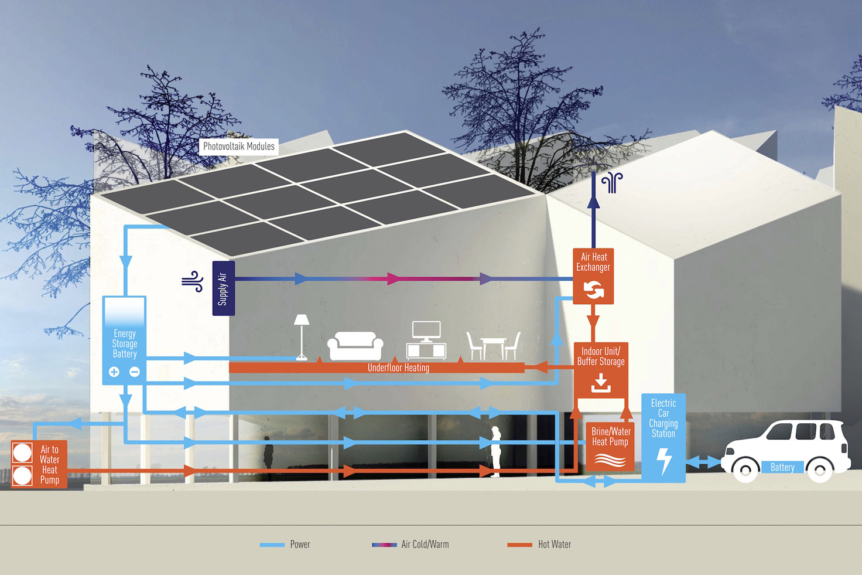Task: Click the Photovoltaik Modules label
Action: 238,147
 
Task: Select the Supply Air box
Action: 224,288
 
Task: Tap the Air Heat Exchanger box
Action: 593,276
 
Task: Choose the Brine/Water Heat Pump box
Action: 610,447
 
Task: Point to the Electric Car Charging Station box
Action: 663,438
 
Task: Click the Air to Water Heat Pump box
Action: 39,464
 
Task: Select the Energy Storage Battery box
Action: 124,341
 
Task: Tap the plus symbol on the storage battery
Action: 114,372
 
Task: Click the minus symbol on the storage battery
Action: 135,372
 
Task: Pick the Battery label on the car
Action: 782,467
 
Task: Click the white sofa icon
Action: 355,346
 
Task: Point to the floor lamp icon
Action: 302,337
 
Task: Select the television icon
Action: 426,340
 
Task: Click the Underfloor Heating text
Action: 398,368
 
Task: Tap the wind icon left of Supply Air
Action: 193,281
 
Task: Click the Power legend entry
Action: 285,545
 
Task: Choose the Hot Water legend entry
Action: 539,545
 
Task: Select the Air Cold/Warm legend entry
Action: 411,545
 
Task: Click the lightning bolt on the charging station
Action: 664,461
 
